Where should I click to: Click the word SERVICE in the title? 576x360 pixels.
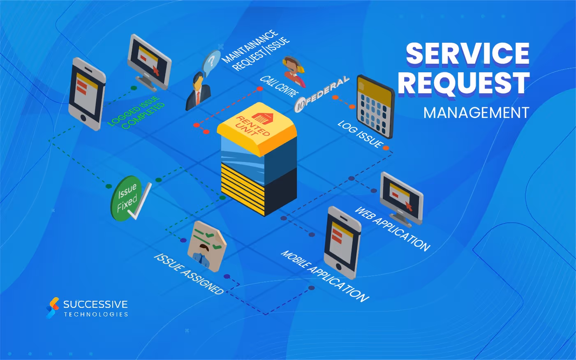point(467,54)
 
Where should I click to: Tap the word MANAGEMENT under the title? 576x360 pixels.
point(476,113)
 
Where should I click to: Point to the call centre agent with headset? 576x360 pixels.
point(294,70)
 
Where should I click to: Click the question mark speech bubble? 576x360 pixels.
point(211,62)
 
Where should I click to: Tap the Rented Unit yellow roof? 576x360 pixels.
point(256,125)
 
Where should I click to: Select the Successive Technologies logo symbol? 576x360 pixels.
point(52,308)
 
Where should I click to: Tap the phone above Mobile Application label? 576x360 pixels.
point(342,242)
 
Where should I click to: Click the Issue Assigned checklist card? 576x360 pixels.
point(206,245)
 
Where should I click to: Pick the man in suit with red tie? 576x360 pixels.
point(198,92)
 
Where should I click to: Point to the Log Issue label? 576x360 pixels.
point(360,134)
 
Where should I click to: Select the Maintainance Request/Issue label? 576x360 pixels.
point(256,50)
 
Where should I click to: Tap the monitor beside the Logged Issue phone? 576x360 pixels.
point(149,62)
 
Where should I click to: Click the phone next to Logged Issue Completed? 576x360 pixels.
point(87,94)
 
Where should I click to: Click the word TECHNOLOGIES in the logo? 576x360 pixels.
point(96,314)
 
